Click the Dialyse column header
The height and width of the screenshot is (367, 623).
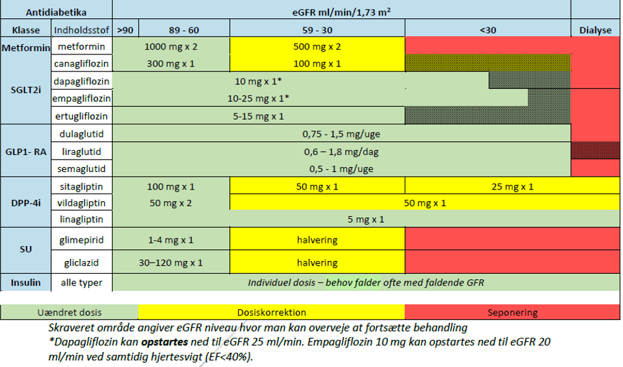[x=595, y=30]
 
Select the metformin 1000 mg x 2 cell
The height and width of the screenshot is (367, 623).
[x=171, y=47]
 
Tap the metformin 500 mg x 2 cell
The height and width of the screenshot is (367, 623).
[x=317, y=47]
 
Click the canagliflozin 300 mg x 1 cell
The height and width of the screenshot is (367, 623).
[x=171, y=64]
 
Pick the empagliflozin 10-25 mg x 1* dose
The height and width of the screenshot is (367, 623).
[x=258, y=99]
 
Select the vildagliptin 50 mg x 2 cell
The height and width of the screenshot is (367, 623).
[x=171, y=203]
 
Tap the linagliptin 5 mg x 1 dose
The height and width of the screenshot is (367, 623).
[x=366, y=220]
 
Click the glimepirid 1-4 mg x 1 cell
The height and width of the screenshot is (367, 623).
[x=171, y=241]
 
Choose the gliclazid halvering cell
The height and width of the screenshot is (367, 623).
[x=317, y=262]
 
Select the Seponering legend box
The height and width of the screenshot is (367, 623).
[x=512, y=313]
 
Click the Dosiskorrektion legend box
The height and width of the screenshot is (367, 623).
[x=271, y=313]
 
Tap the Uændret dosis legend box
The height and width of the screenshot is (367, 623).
[x=71, y=313]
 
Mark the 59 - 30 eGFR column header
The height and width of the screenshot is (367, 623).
[x=317, y=30]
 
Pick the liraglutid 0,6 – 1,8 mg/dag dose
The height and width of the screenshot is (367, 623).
[x=341, y=151]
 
